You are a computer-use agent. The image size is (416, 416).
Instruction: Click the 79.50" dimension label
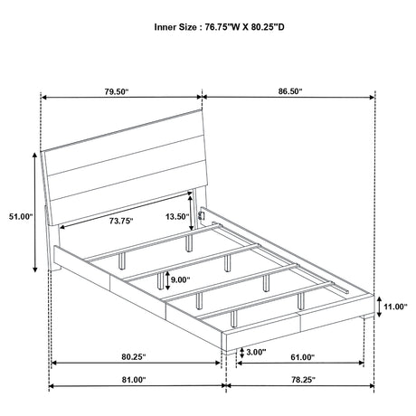(117, 91)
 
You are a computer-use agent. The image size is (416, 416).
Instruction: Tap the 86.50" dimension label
(290, 91)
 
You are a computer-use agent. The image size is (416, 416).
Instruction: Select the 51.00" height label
(21, 216)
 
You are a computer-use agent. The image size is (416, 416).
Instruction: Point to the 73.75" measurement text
(121, 221)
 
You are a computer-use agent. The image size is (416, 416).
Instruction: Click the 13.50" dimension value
(177, 216)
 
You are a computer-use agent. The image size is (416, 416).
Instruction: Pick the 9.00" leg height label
(181, 279)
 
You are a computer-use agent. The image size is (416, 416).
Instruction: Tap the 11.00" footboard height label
(395, 307)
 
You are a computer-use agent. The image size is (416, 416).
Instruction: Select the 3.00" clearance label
(256, 352)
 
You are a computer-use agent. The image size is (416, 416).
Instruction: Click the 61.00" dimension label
(302, 357)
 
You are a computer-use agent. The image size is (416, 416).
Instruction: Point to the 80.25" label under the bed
(134, 357)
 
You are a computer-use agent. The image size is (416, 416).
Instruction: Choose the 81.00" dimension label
(134, 380)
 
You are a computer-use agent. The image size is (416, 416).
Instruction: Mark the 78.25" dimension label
(303, 380)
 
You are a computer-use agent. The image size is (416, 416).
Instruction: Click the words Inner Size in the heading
(175, 27)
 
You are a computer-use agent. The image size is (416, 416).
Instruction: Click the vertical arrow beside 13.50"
(191, 213)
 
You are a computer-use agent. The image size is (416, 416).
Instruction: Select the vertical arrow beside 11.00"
(379, 307)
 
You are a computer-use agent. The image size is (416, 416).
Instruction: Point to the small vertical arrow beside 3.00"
(241, 353)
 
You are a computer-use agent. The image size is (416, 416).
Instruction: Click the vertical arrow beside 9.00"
(167, 280)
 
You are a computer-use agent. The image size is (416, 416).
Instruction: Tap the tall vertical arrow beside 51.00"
(35, 213)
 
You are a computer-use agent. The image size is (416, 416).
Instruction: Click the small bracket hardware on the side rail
(201, 216)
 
